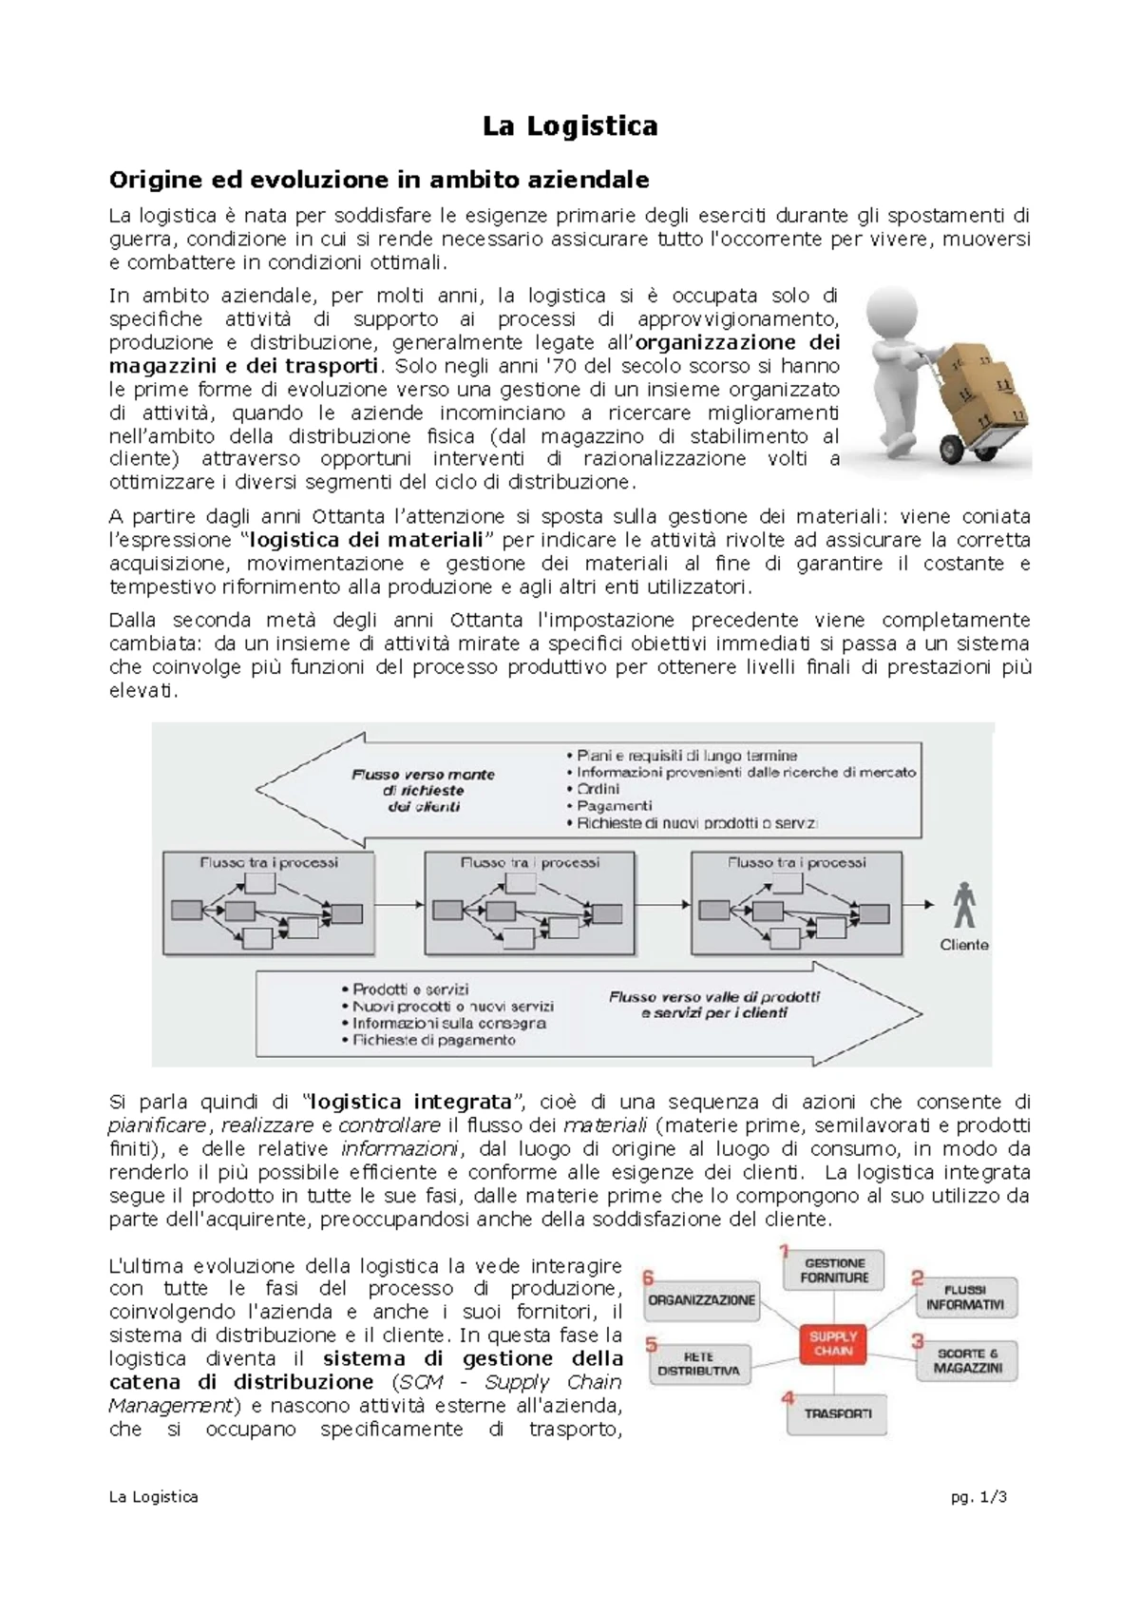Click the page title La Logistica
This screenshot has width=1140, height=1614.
pyautogui.click(x=570, y=126)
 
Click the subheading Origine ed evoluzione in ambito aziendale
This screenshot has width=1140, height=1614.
pyautogui.click(x=379, y=180)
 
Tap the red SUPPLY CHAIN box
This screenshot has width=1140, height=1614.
pyautogui.click(x=832, y=1343)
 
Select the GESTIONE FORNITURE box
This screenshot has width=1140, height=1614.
pyautogui.click(x=834, y=1271)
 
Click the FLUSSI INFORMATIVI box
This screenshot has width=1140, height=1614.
pyautogui.click(x=964, y=1297)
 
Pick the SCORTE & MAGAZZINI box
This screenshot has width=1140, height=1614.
pyautogui.click(x=967, y=1360)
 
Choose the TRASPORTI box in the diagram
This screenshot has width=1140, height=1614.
pyautogui.click(x=837, y=1413)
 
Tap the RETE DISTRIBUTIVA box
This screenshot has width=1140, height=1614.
pyautogui.click(x=698, y=1364)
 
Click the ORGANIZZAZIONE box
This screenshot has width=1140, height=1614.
pyautogui.click(x=701, y=1300)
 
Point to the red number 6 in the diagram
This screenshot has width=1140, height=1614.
pyautogui.click(x=649, y=1278)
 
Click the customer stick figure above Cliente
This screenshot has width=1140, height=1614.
pyautogui.click(x=964, y=905)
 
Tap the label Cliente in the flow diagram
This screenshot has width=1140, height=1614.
pyautogui.click(x=964, y=945)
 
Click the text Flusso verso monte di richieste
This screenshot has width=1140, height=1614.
pyautogui.click(x=423, y=782)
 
